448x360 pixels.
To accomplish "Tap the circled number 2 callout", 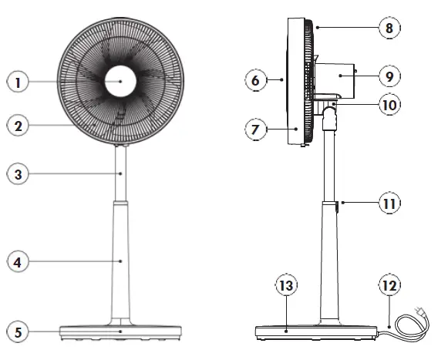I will click(19, 123).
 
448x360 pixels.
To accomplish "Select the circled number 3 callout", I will click(19, 174).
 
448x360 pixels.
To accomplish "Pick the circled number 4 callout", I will click(19, 262).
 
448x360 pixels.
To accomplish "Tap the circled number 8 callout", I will click(389, 29).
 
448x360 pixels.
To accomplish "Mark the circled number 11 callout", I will click(389, 204).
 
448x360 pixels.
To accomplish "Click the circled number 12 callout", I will click(389, 285).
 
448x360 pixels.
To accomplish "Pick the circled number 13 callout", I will click(287, 285).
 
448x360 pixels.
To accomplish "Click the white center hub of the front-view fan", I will click(120, 81).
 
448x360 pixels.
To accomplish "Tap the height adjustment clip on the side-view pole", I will click(338, 206).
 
